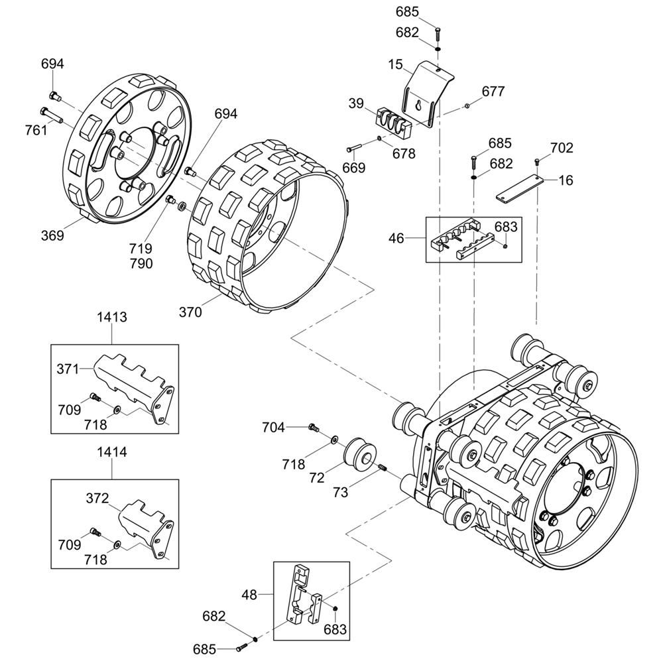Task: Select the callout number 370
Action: click(x=190, y=312)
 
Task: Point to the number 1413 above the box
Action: click(x=111, y=317)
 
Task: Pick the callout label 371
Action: click(x=68, y=368)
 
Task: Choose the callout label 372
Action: click(x=97, y=498)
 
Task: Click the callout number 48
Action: click(x=249, y=595)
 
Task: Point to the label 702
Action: click(x=562, y=148)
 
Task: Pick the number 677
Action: click(x=493, y=91)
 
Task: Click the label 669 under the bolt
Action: click(x=353, y=168)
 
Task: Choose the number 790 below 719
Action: click(x=141, y=263)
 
